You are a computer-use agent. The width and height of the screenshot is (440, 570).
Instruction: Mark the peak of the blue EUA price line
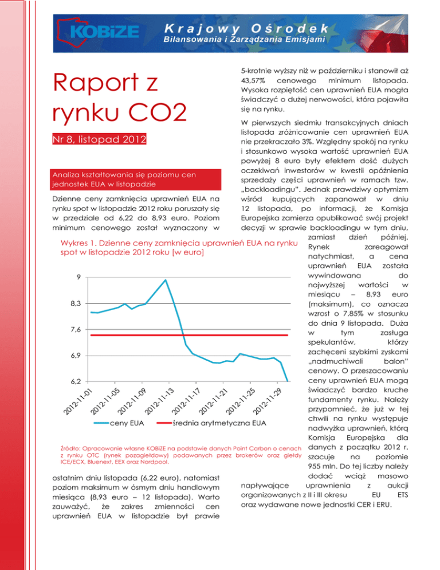coord(166,280)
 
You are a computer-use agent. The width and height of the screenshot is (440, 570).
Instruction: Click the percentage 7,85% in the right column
coord(353,317)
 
